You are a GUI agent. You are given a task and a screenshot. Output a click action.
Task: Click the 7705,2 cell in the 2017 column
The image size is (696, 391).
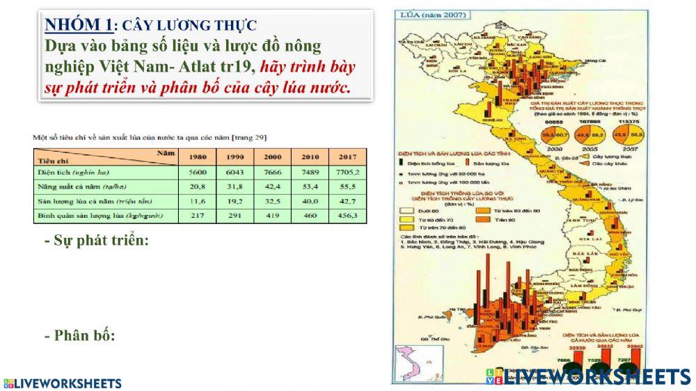pos(347,172)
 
